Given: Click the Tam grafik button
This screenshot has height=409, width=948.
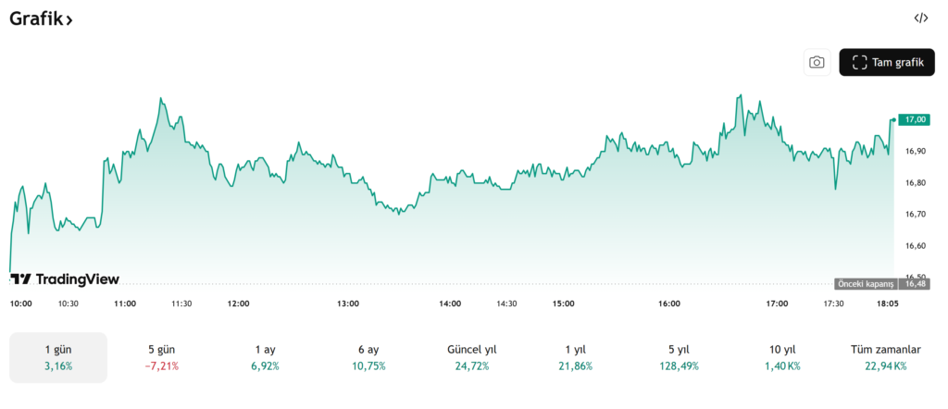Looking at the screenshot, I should coord(887,62).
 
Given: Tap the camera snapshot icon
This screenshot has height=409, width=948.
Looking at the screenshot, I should coord(817,62).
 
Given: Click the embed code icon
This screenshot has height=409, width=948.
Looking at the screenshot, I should coord(920,18).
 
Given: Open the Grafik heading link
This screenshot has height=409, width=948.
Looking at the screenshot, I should coord(42,19).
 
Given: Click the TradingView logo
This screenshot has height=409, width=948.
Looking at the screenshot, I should coord(65,279).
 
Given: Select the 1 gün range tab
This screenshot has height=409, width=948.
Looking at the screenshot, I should coord(58,357).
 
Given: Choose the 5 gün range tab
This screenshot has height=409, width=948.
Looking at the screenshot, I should coord(162,357).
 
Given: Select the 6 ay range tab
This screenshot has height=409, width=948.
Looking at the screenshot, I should coord(368,357).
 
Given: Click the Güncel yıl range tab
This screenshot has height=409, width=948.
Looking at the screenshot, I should coord(472,357).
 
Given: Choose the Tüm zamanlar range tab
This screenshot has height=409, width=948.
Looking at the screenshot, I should coord(886,357).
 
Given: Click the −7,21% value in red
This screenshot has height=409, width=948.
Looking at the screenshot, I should coord(162,366).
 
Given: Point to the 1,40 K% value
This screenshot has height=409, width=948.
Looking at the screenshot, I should coord(783,366).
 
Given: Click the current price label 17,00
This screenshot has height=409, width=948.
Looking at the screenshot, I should coord(916,119).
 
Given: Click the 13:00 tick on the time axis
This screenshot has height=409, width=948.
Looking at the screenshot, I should coord(348,304).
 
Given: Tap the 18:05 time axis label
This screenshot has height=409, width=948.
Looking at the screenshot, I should coord(887,304).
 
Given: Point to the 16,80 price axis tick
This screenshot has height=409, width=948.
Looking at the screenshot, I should coord(916,182).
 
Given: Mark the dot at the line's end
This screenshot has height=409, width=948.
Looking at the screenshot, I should coord(893,119).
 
